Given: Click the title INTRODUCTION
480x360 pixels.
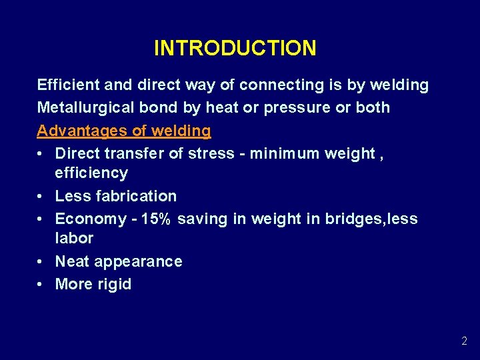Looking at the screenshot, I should pos(235,48).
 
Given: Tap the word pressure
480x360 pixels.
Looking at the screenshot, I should pos(291,107).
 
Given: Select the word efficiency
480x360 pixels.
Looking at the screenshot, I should pos(91,173).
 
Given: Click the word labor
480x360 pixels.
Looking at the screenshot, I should pos(74,238).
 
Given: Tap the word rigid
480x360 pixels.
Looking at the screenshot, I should pos(113,284).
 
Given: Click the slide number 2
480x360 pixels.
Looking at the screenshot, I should pos(464,341).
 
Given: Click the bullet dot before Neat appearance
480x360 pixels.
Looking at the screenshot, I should pos(41,261).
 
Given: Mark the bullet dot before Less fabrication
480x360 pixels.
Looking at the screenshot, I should pos(41,197).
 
